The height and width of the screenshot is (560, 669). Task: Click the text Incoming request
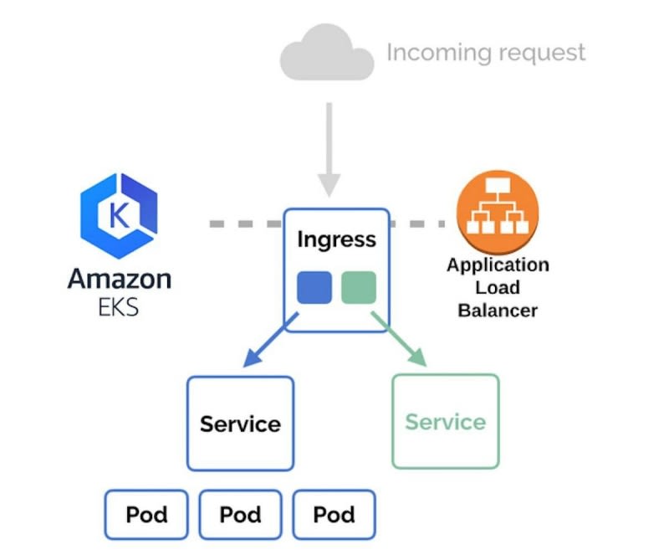tap(486, 53)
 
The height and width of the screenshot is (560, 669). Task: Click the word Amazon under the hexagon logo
tap(119, 278)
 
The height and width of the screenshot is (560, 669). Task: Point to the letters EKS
tap(118, 306)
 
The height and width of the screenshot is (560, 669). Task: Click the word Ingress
tap(336, 239)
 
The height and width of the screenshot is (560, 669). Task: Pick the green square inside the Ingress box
tap(359, 287)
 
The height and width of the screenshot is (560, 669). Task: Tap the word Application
tap(498, 266)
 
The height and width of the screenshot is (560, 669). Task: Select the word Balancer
tap(498, 310)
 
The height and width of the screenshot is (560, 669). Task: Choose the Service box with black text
tap(240, 423)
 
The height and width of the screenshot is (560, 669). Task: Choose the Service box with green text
tap(446, 421)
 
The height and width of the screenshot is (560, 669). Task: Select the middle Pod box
tap(241, 514)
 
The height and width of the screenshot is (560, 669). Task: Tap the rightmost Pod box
tap(334, 514)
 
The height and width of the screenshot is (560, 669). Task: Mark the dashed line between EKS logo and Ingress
tap(246, 224)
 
